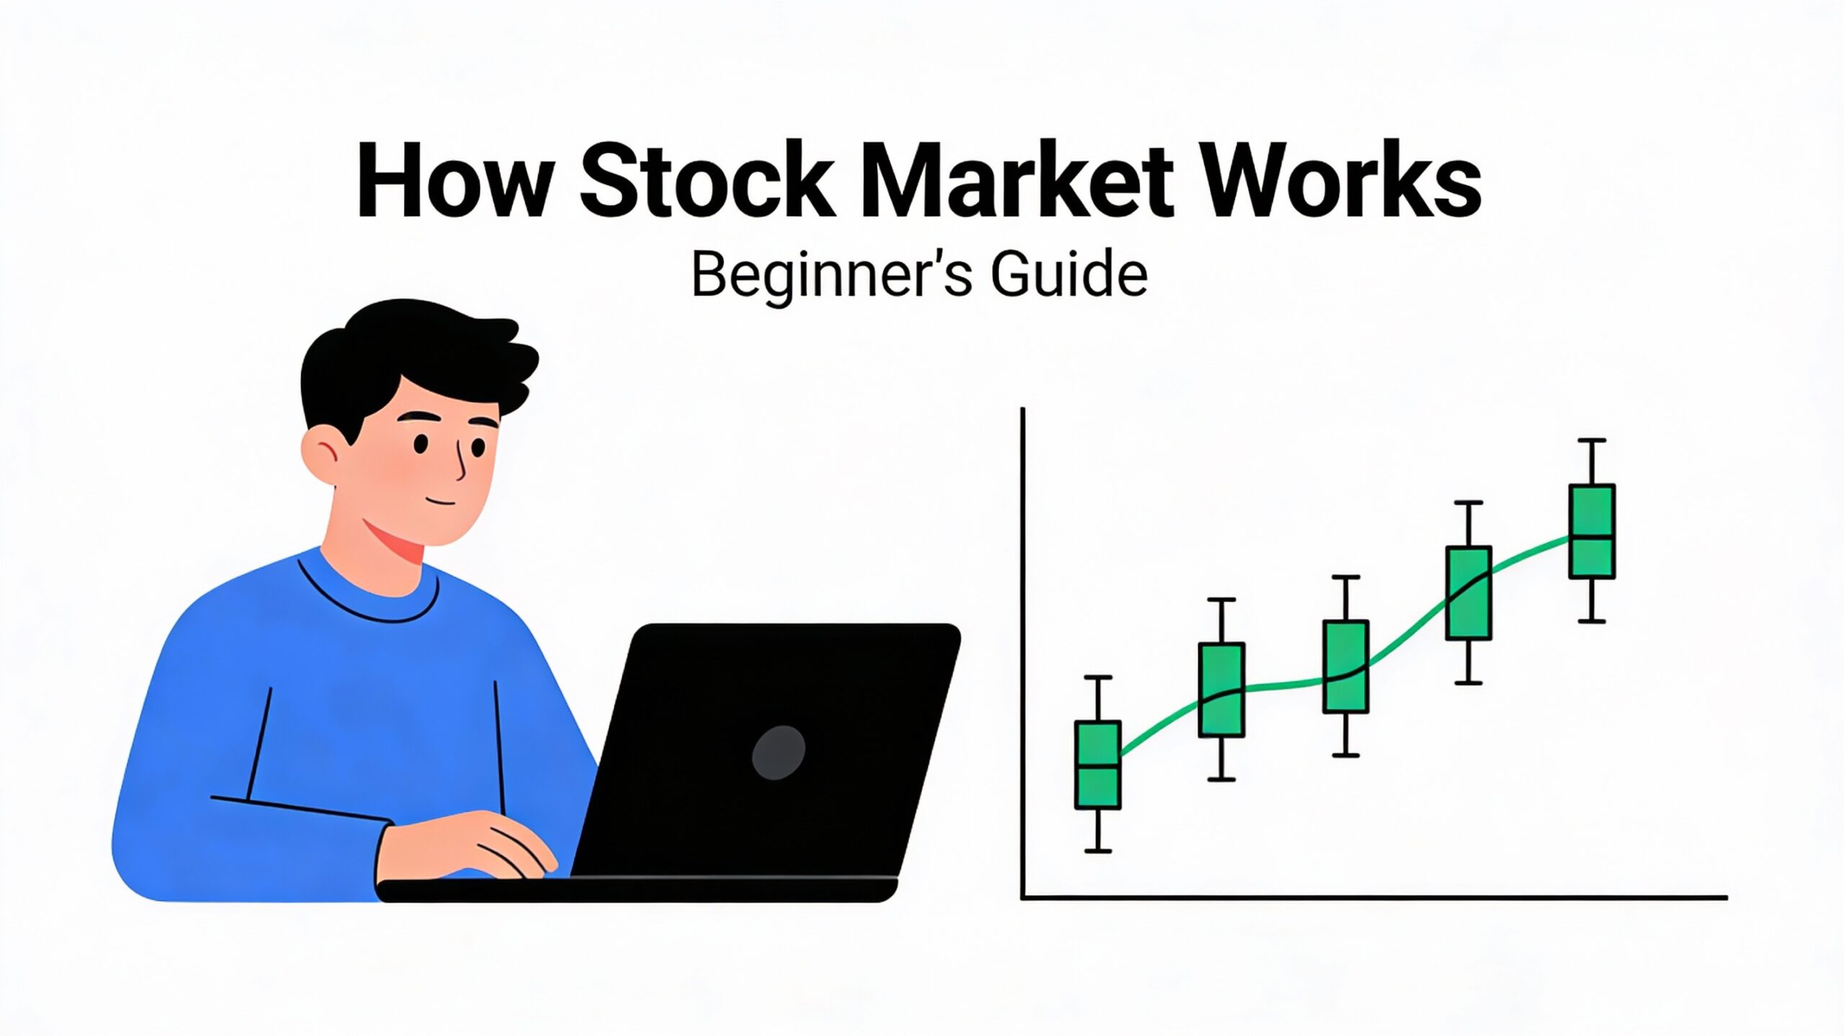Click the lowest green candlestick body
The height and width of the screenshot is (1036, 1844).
pyautogui.click(x=1097, y=764)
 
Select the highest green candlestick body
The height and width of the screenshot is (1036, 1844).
pyautogui.click(x=1592, y=532)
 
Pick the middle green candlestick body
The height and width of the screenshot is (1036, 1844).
pyautogui.click(x=1346, y=666)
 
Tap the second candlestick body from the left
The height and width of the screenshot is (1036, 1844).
pyautogui.click(x=1222, y=689)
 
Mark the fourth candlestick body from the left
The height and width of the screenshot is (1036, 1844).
pyautogui.click(x=1469, y=593)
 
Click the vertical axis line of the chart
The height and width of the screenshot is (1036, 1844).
pyautogui.click(x=1023, y=648)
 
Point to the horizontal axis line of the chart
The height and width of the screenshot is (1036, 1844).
pyautogui.click(x=1369, y=898)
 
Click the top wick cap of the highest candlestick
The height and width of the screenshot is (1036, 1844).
pyautogui.click(x=1592, y=440)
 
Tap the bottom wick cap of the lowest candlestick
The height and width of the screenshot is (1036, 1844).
pyautogui.click(x=1098, y=851)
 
